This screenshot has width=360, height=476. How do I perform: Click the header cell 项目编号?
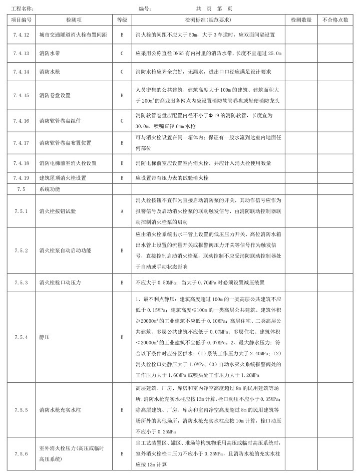22,20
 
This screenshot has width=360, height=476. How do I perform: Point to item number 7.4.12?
22,35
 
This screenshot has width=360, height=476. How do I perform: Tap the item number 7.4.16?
22,121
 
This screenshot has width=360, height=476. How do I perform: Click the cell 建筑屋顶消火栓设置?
63,178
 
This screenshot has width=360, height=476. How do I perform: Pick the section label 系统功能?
49,189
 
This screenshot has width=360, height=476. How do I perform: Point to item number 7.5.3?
22,283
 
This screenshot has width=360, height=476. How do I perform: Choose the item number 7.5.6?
22,454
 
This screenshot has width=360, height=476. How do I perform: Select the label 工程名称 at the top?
22,9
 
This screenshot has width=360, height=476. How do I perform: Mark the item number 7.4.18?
22,163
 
